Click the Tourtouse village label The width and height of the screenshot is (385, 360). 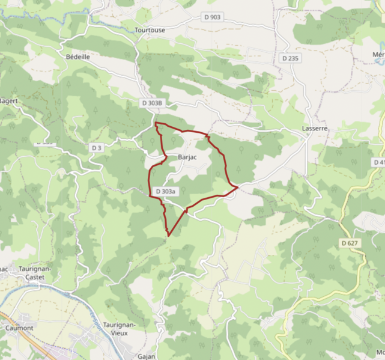150,29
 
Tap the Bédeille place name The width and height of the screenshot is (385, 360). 77,56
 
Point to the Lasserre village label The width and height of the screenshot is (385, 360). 315,129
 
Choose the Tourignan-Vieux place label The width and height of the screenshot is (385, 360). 120,328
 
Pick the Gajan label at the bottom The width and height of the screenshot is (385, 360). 146,356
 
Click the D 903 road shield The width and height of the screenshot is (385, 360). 213,17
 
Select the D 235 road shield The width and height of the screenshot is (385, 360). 290,58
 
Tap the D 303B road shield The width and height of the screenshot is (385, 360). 152,103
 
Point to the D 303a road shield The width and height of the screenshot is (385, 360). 165,191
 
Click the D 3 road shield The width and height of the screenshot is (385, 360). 97,147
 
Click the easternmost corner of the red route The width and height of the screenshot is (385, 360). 238,188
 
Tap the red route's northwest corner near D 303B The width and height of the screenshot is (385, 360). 156,123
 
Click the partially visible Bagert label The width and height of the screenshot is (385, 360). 8,101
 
